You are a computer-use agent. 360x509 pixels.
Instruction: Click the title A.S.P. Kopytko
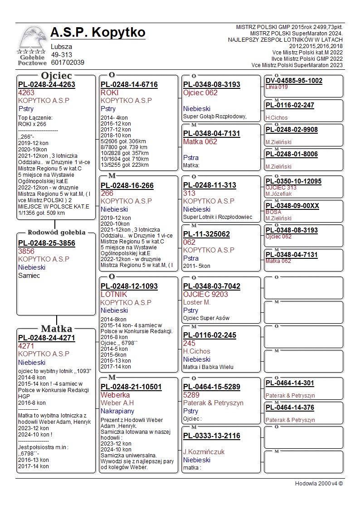(98, 33)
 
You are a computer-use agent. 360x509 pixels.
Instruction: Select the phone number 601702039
(68, 63)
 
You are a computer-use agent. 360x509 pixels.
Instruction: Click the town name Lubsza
(61, 47)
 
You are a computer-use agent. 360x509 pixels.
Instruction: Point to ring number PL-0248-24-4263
(47, 85)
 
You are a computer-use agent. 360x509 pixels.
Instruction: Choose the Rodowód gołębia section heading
(57, 233)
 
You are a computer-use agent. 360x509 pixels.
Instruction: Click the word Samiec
(29, 276)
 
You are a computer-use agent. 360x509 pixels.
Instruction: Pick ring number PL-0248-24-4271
(47, 338)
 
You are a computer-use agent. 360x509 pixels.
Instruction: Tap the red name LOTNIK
(114, 295)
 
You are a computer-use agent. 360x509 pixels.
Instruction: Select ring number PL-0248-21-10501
(131, 388)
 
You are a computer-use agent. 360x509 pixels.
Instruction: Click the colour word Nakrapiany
(117, 412)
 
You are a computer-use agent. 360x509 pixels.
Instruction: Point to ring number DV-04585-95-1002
(294, 81)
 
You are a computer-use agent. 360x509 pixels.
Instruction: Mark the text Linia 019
(277, 87)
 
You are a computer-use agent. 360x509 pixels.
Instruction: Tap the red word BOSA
(273, 212)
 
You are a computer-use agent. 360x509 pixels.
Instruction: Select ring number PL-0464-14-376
(290, 408)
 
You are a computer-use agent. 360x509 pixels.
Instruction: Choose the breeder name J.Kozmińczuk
(204, 452)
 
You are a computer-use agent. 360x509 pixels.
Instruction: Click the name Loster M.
(197, 302)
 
